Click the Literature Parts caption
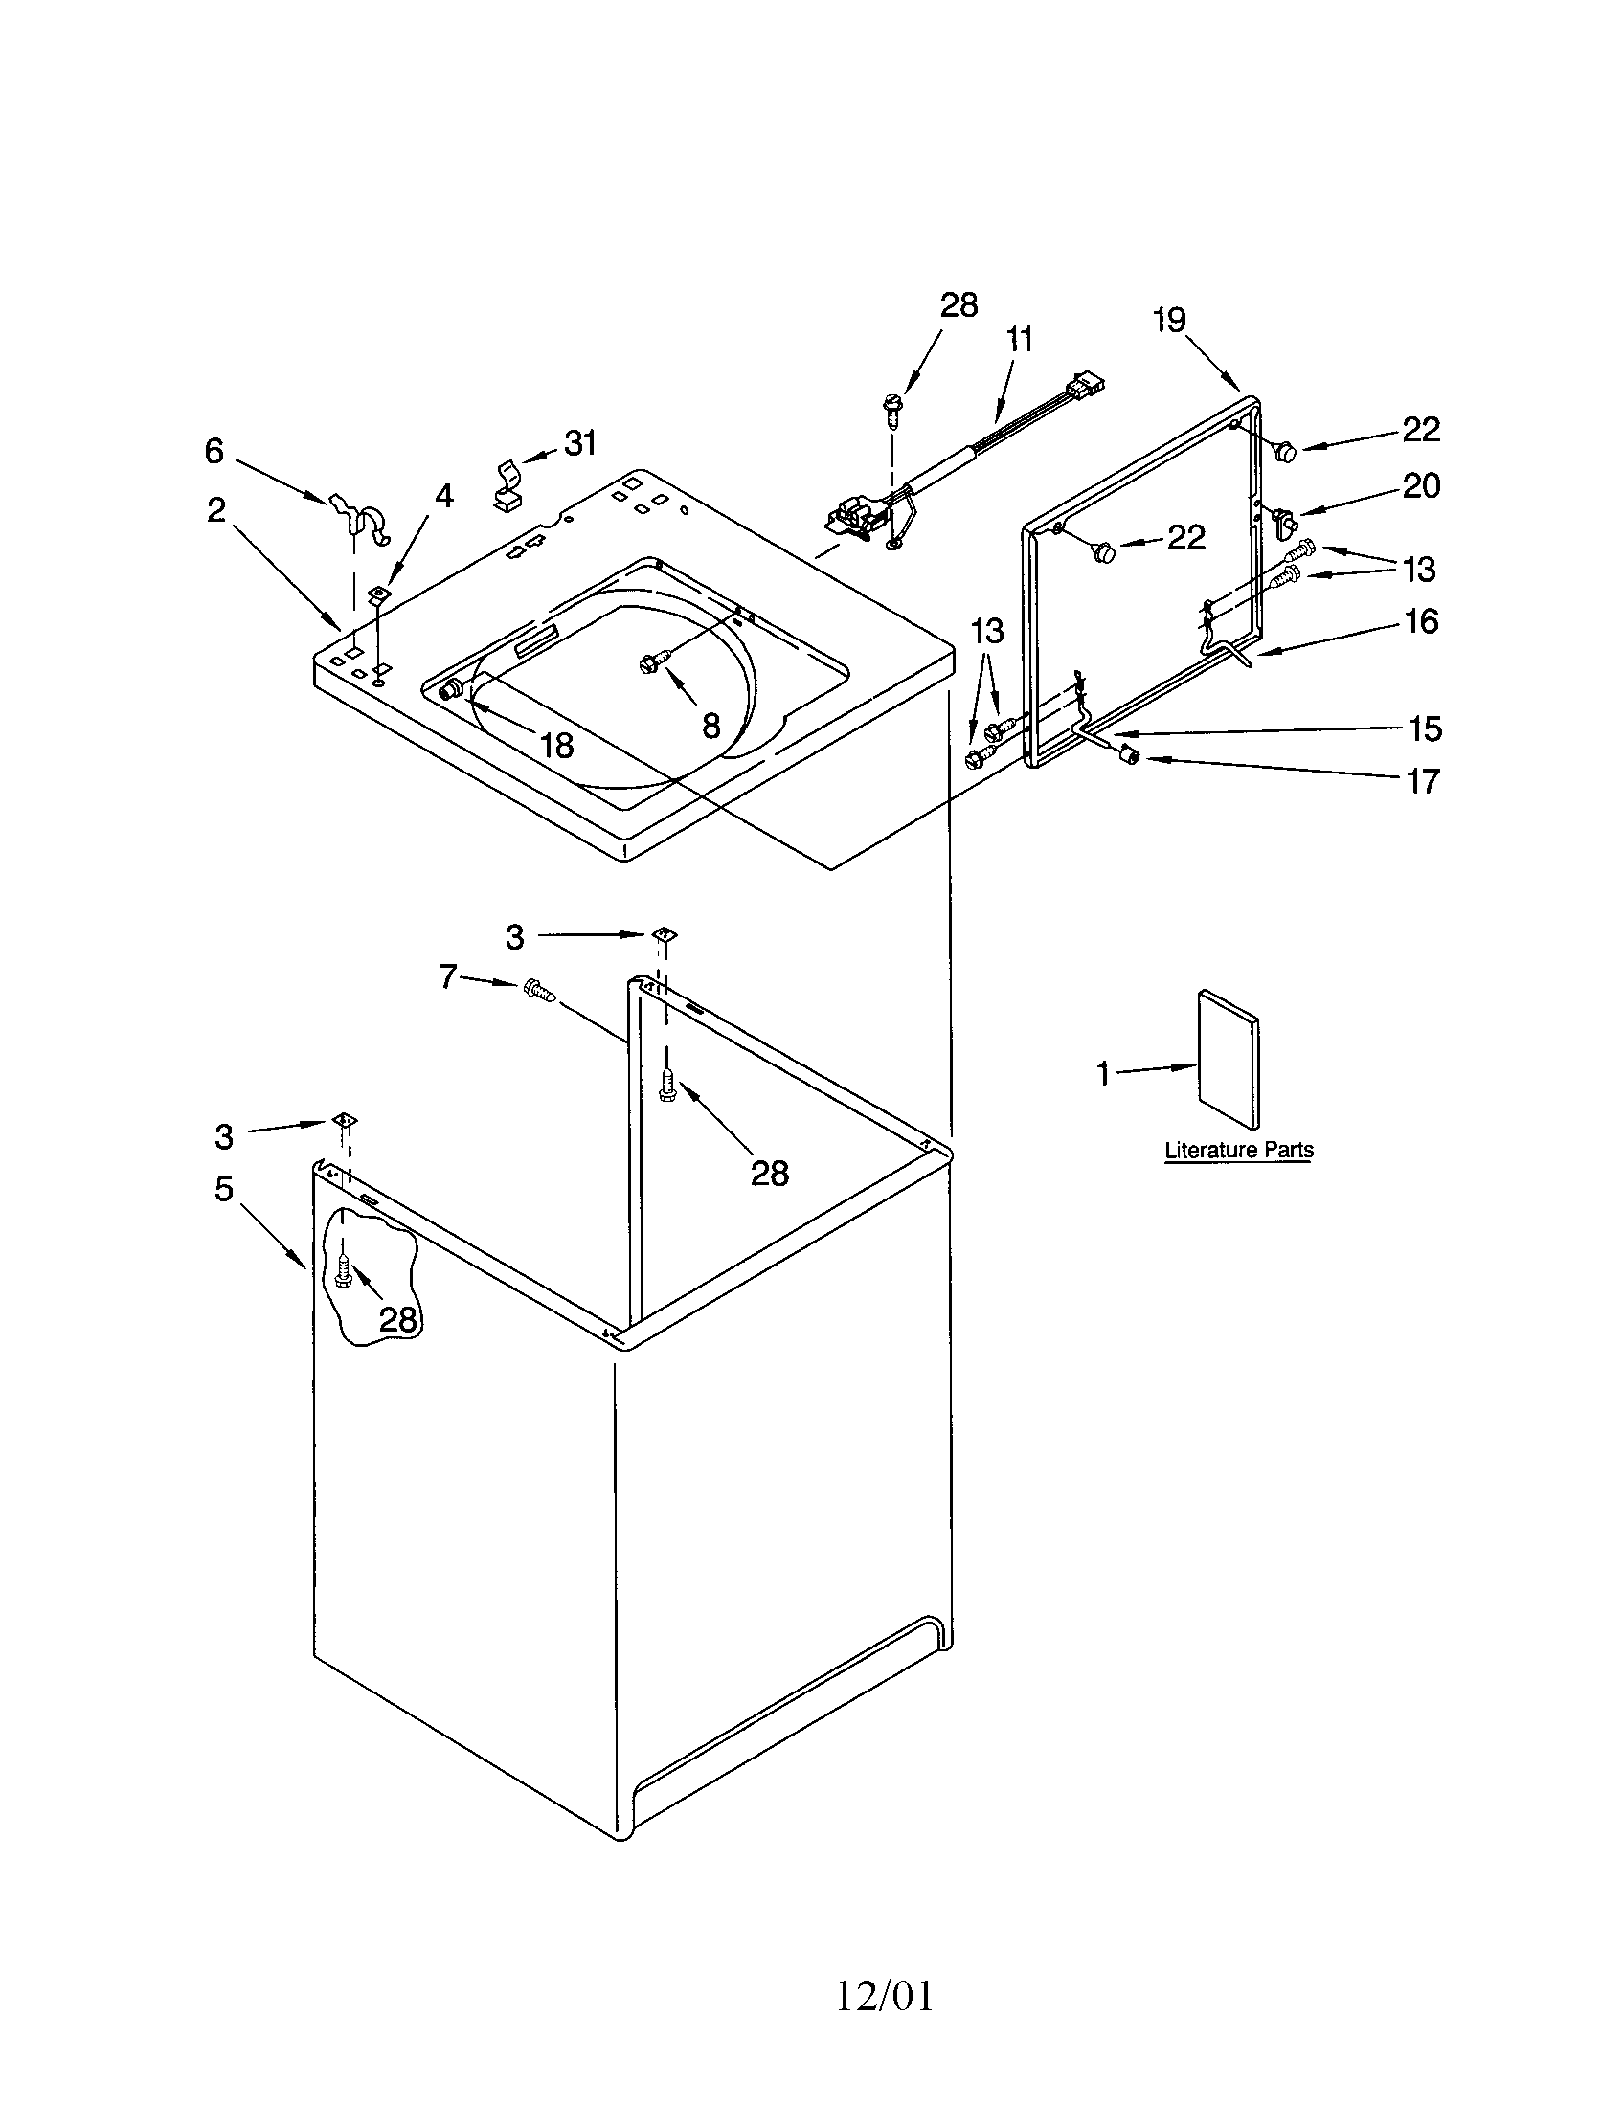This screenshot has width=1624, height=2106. pyautogui.click(x=1238, y=1150)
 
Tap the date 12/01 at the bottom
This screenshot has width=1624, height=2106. pyautogui.click(x=885, y=1997)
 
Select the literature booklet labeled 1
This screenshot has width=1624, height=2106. pyautogui.click(x=1228, y=1058)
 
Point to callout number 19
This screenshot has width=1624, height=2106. pyautogui.click(x=1169, y=320)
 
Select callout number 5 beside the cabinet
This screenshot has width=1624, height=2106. pyautogui.click(x=224, y=1188)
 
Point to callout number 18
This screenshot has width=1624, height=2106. pyautogui.click(x=556, y=745)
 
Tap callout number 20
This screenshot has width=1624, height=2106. pyautogui.click(x=1420, y=485)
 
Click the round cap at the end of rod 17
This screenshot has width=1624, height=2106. pyautogui.click(x=1127, y=757)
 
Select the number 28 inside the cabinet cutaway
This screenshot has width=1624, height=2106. pyautogui.click(x=396, y=1318)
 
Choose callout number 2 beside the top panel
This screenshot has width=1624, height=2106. pyautogui.click(x=216, y=509)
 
